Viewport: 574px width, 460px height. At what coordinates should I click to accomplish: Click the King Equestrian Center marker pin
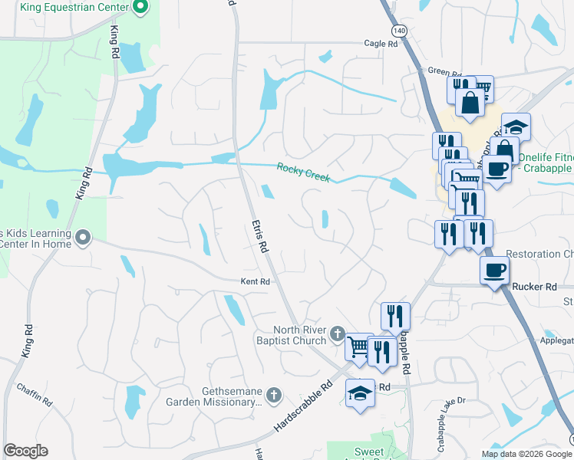(x=140, y=8)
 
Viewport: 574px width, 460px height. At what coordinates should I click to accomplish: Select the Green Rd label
(x=439, y=71)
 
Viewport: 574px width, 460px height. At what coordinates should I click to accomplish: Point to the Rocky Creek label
(x=303, y=172)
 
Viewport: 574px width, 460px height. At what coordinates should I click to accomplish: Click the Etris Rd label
(x=259, y=235)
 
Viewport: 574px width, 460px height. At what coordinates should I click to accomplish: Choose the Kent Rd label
(x=256, y=281)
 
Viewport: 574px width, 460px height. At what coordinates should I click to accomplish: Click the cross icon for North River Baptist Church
(x=338, y=333)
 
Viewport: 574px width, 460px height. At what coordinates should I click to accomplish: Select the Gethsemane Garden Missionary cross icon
(x=275, y=395)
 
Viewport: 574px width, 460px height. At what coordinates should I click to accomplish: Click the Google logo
(x=26, y=451)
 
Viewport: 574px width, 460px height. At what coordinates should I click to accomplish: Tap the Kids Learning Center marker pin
(x=84, y=238)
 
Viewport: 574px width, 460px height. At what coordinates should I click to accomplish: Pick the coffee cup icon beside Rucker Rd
(x=494, y=269)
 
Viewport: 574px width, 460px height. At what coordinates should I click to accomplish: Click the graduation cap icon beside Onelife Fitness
(x=516, y=126)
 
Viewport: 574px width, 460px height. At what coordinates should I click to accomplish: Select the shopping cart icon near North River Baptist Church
(x=358, y=346)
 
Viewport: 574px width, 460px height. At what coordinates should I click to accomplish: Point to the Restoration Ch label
(x=540, y=254)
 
